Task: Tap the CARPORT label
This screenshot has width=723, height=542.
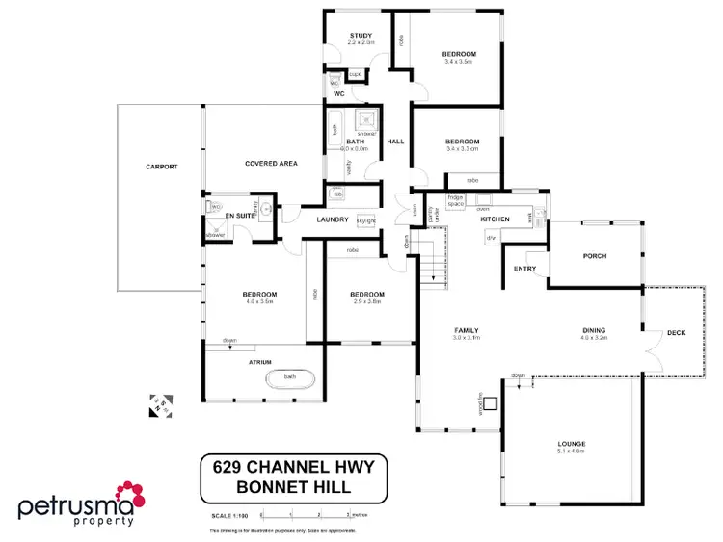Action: [x=161, y=167]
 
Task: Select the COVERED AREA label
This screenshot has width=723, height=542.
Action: [x=271, y=164]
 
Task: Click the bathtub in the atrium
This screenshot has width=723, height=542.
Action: [x=290, y=378]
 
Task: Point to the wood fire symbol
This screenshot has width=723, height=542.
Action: [x=491, y=404]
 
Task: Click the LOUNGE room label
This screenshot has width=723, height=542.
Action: [x=571, y=444]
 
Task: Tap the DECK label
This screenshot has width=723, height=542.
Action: [x=676, y=333]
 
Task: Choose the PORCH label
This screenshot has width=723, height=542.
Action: [x=594, y=256]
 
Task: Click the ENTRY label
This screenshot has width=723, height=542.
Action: [x=525, y=269]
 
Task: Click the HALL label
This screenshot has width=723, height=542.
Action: [x=395, y=142]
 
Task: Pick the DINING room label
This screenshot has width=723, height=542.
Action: [x=594, y=330]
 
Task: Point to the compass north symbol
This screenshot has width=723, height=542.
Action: [x=160, y=404]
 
